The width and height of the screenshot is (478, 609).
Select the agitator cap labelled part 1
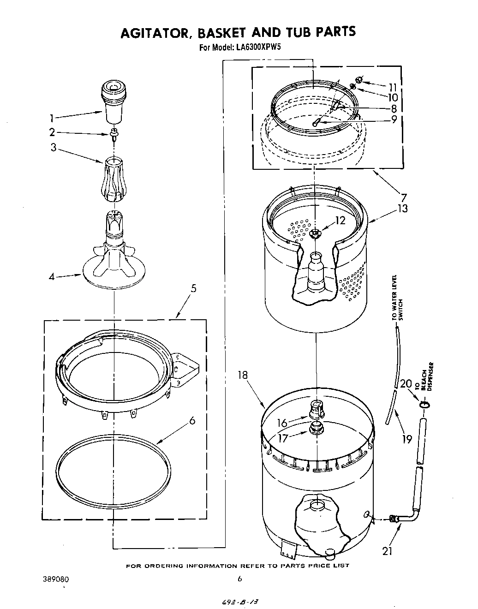(114, 101)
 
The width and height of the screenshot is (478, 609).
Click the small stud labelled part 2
(113, 134)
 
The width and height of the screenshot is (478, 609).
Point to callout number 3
(54, 148)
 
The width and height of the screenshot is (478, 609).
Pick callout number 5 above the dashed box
(193, 288)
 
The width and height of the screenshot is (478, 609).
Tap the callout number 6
(192, 420)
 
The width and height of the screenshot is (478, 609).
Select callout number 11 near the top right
(393, 87)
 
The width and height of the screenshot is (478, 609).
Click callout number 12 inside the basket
(340, 221)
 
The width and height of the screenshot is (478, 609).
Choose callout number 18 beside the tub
(243, 375)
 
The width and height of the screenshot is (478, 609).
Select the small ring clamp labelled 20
(425, 404)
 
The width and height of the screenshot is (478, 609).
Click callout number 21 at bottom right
(388, 550)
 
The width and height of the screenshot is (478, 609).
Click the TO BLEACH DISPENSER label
(425, 377)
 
